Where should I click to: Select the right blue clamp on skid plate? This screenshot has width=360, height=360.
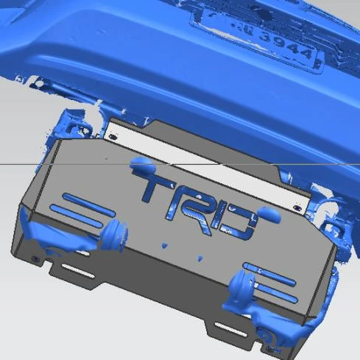[x=242, y=283]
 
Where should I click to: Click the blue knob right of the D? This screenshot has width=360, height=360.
[x=268, y=215]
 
